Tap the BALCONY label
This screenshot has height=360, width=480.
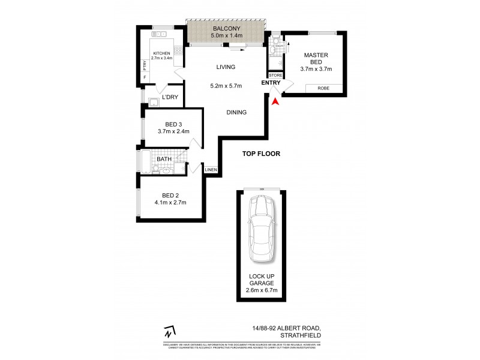point(226,28)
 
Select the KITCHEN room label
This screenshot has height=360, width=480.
point(161,53)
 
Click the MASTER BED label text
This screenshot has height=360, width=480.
point(316,59)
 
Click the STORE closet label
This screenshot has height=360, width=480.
point(275,76)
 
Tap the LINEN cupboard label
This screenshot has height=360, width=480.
point(210,170)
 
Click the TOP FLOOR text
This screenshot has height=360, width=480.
point(261,154)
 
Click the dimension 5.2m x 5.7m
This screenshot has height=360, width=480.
point(226,86)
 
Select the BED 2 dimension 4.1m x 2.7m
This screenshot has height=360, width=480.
point(170,203)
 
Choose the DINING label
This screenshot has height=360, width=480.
point(237,112)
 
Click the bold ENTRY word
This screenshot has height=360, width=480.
point(269,83)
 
